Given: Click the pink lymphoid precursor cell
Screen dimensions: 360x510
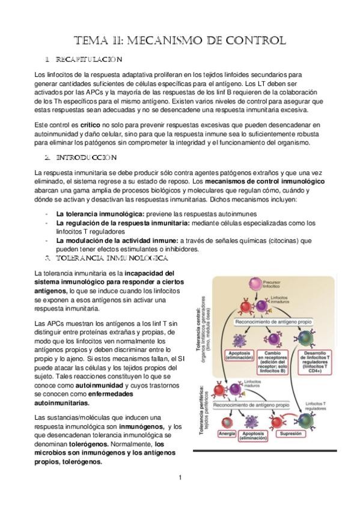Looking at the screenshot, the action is [x=255, y=284].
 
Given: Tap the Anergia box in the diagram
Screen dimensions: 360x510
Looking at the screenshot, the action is [x=227, y=434].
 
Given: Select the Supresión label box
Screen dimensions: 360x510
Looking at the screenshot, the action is [x=290, y=434].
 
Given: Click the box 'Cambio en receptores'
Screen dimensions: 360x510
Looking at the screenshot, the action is [x=273, y=361].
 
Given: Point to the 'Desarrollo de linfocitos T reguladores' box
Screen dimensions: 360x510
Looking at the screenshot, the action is [x=315, y=361].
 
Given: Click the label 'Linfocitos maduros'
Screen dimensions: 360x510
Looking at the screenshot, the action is [x=252, y=383].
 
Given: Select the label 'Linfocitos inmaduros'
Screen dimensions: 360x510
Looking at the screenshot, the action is [x=279, y=300].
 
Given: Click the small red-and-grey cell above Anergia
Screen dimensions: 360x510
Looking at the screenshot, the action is [x=227, y=423].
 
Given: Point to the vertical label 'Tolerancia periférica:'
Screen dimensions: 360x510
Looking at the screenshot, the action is [x=201, y=410].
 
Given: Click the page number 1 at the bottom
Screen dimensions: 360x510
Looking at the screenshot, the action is [x=180, y=478].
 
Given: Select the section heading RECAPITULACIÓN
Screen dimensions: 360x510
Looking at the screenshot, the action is [x=89, y=60].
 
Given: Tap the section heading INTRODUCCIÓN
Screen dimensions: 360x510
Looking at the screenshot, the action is [x=86, y=158].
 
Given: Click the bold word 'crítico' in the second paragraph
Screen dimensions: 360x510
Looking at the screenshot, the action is [x=90, y=125].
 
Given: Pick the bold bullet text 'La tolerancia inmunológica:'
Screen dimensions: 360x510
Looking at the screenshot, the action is [x=100, y=214].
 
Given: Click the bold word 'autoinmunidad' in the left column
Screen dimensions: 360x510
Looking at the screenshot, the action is [x=99, y=386].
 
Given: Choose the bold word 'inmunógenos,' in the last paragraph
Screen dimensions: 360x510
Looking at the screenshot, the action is [x=141, y=426].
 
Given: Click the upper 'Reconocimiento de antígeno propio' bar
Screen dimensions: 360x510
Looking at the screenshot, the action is [x=273, y=322].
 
